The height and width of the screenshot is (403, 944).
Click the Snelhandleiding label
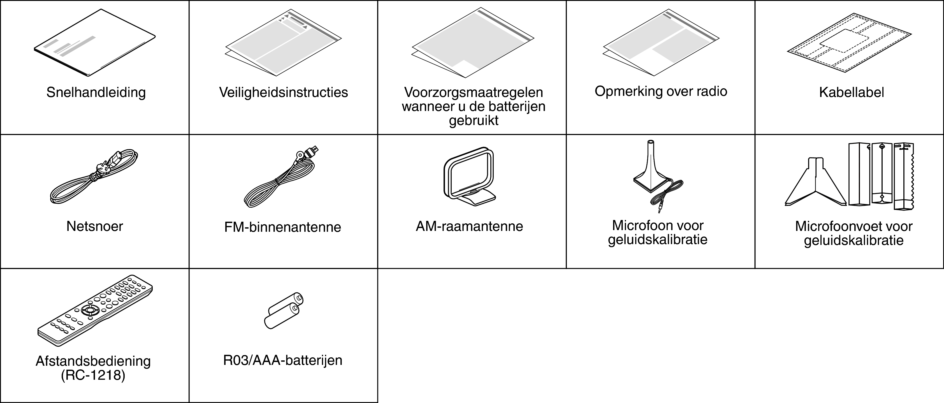pos(96,92)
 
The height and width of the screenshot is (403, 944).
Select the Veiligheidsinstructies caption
pos(284,92)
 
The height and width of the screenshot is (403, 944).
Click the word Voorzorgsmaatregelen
pos(474,92)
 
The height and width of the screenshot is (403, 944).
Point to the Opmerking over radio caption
pos(661,91)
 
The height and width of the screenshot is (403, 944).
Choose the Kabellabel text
pos(852,92)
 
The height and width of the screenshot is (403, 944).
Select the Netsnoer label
pos(94,226)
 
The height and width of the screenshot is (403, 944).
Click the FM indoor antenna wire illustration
pos(281,177)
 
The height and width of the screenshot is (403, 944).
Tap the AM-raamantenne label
pos(469,226)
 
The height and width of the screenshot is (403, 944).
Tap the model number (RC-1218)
pos(93,376)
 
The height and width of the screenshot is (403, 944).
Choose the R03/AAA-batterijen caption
pos(282,360)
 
